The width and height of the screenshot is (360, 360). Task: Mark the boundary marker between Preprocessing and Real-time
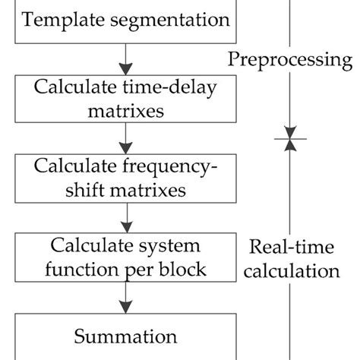pos(289,139)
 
